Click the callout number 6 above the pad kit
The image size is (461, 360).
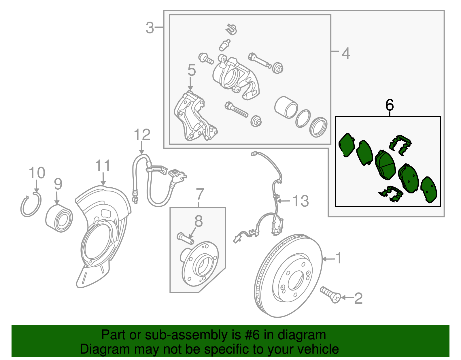(x=390, y=105)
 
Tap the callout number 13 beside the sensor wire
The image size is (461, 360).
(x=301, y=201)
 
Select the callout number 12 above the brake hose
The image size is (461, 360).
(x=142, y=135)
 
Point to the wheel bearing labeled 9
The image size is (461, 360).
(x=59, y=218)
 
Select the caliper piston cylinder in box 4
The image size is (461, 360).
(x=286, y=107)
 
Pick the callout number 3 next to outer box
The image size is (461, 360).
(x=150, y=28)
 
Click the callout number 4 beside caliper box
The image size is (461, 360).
(x=346, y=54)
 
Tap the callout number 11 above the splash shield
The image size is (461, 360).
(x=103, y=166)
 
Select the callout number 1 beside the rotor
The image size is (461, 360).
(x=339, y=258)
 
